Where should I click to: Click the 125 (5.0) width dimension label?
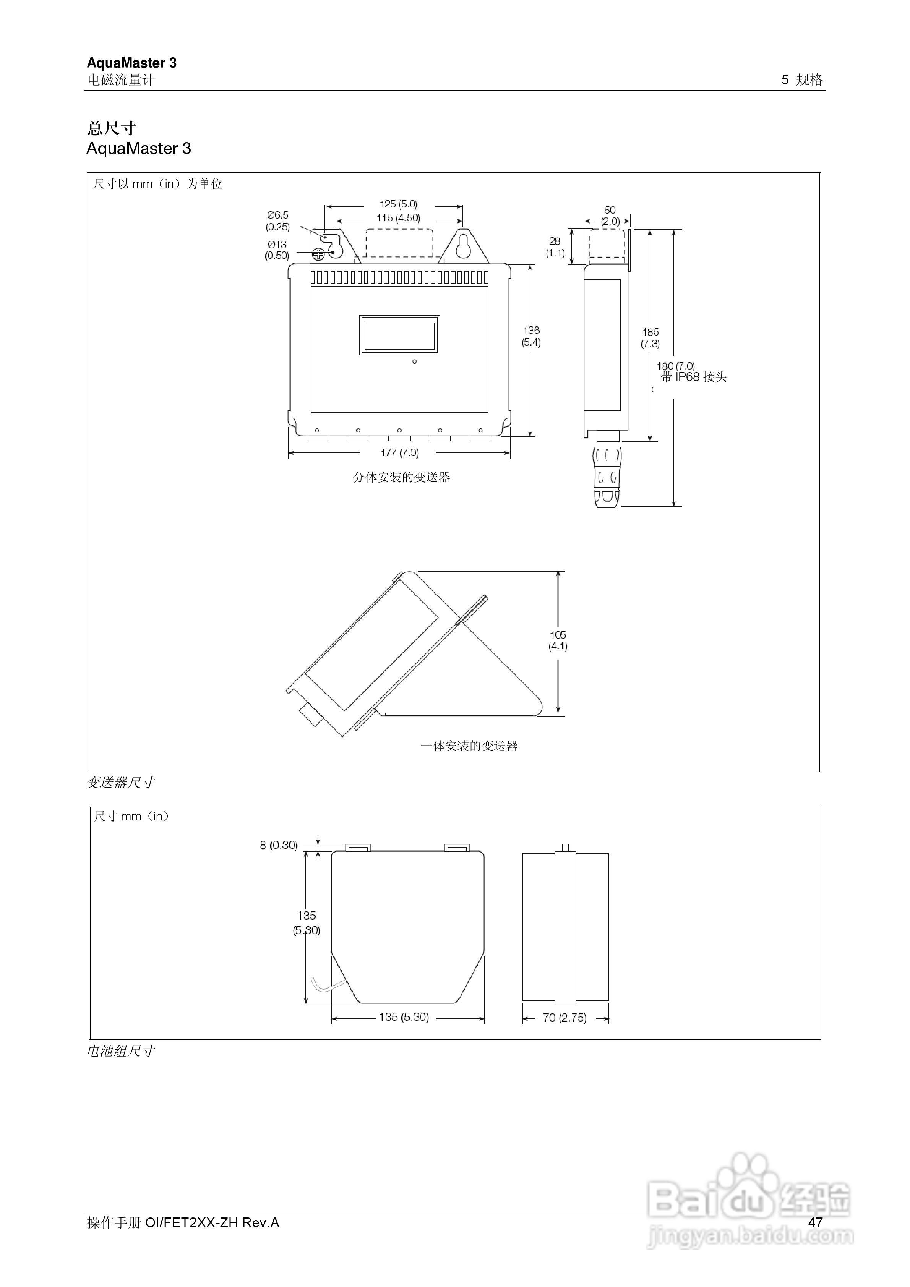click(x=398, y=204)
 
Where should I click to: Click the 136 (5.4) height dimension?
click(x=531, y=336)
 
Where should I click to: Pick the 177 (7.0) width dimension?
click(x=399, y=452)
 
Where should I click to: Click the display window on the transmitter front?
click(x=399, y=335)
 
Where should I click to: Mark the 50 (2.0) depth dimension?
click(x=610, y=215)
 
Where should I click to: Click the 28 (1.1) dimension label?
click(x=555, y=246)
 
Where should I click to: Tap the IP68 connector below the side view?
click(x=607, y=477)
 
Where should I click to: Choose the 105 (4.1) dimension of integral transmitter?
click(x=558, y=640)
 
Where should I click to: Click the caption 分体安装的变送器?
click(x=401, y=477)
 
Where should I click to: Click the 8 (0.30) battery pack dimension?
click(x=278, y=845)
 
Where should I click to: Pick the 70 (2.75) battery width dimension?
click(x=564, y=1017)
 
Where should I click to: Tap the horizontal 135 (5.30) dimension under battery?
click(x=404, y=1017)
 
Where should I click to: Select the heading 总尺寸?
click(x=112, y=128)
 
